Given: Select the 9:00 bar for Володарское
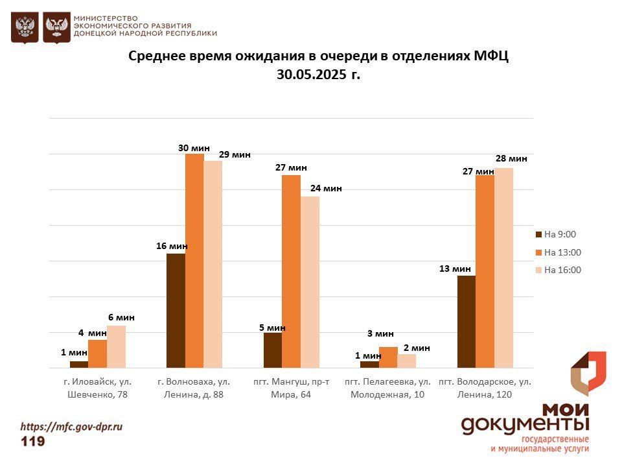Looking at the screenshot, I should click(466, 322).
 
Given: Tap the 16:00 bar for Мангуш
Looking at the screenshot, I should click(310, 282).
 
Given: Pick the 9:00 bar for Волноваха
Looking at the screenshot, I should click(176, 311).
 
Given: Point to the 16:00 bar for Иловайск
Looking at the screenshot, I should click(116, 347).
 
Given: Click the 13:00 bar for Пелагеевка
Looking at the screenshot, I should click(388, 357).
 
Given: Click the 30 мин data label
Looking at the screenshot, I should click(194, 148).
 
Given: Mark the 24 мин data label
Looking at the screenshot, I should click(325, 188).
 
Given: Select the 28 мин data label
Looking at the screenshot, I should click(511, 158).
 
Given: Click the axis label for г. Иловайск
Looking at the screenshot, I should click(97, 388).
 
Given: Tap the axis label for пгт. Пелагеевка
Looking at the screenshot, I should click(387, 388).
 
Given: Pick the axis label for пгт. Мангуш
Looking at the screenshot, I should click(291, 388).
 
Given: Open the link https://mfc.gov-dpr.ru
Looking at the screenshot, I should click(71, 427).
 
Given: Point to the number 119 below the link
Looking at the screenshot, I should click(33, 442).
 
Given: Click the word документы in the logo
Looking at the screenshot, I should click(525, 424).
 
